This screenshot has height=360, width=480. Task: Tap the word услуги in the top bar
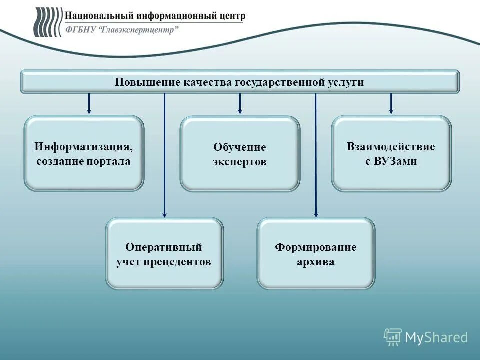tap(346, 82)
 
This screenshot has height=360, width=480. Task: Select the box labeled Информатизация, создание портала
tap(84, 153)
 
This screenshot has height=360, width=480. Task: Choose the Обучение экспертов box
tap(240, 154)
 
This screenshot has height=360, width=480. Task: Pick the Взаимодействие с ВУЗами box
tap(391, 153)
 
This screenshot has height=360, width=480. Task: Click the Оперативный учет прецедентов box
tap(164, 253)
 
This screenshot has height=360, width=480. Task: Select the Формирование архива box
tap(316, 253)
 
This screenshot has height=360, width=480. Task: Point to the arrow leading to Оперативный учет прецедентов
tap(164, 155)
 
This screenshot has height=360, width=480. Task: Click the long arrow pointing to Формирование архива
tap(315, 155)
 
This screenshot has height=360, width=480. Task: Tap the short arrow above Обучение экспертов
tap(240, 103)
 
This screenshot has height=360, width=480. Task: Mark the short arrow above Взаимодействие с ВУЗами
tap(391, 103)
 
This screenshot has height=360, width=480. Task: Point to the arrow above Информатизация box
tap(89, 103)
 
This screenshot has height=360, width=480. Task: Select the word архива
tap(316, 262)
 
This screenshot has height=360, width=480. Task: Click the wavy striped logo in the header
tap(47, 22)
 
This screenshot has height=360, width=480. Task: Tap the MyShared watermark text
tap(436, 337)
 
